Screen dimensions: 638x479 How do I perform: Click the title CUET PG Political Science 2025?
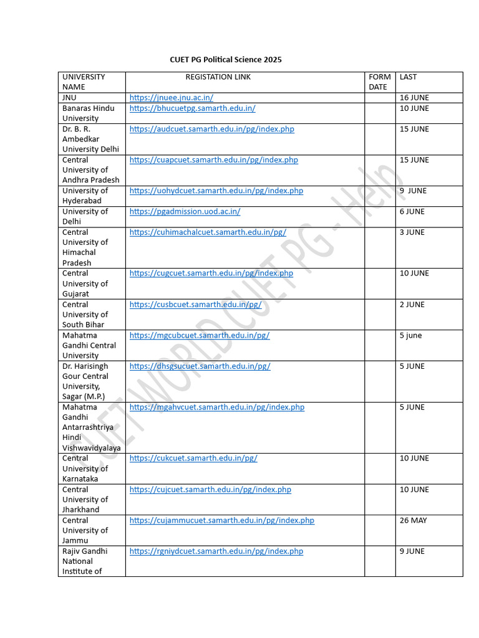(226, 60)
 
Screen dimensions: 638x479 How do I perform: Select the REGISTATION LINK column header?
(218, 77)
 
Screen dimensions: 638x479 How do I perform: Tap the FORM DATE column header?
(379, 82)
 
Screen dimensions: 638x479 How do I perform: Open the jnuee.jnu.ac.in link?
(172, 98)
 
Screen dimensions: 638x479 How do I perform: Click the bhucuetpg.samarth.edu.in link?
(192, 108)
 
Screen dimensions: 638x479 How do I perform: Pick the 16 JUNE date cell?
(414, 98)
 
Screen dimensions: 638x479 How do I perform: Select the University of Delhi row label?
(85, 217)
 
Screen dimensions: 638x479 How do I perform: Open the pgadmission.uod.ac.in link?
(185, 212)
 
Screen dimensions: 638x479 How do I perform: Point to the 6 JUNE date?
(412, 212)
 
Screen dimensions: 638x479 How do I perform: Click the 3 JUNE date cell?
(412, 232)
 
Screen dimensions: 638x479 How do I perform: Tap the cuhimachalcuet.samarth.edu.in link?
(208, 232)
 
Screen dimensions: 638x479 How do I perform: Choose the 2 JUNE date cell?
(412, 305)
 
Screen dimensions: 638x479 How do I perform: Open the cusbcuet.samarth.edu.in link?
(195, 305)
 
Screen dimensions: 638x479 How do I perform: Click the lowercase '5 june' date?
(410, 336)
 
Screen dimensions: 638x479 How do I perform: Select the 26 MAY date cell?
(413, 520)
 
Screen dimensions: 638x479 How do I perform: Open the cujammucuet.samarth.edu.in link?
(221, 520)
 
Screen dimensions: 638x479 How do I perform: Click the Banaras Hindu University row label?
(88, 113)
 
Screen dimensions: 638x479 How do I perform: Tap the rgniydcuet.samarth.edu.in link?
(216, 551)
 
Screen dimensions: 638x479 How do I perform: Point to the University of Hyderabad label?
(85, 196)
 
